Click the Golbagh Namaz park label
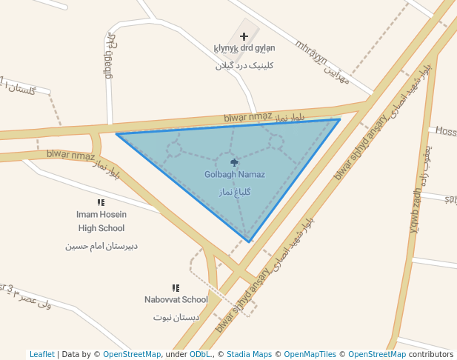tap(235, 175)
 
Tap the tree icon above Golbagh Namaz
tap(235, 162)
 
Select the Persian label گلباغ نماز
tap(235, 191)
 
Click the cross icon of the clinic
tap(244, 36)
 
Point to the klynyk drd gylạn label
tap(244, 49)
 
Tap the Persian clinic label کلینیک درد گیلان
tap(244, 65)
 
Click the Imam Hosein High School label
tap(101, 221)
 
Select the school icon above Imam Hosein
tap(101, 202)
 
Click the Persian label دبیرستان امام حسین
tap(101, 245)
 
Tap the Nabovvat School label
tap(176, 300)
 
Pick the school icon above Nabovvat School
tap(176, 287)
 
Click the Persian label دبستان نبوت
tap(176, 317)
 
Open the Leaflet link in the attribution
tap(41, 355)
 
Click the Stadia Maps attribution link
tap(249, 355)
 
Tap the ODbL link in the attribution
tap(200, 355)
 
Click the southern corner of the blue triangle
tap(250, 241)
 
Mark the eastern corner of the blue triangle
tap(340, 119)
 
